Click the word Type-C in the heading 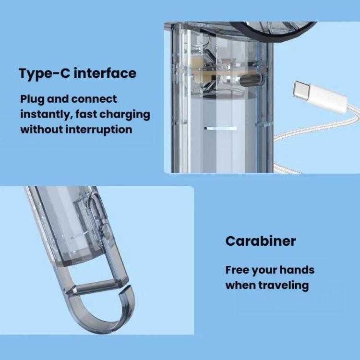click(44, 73)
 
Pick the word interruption click(99, 130)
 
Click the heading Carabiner click(261, 241)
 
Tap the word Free click(237, 270)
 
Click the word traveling click(284, 286)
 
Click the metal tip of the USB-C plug click(301, 90)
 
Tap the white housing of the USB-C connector click(327, 99)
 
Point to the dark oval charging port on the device click(251, 80)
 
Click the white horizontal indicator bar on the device click(220, 128)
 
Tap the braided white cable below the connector click(317, 131)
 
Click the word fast click(85, 114)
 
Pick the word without click(42, 130)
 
